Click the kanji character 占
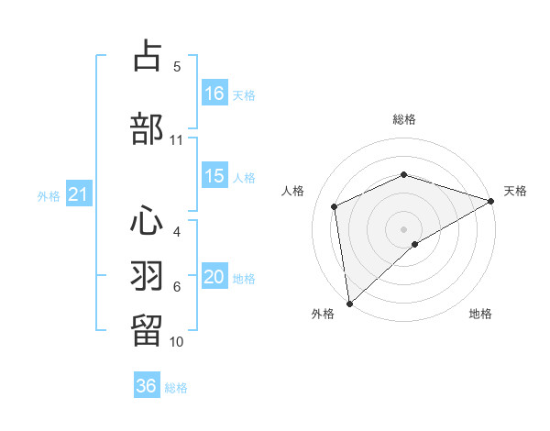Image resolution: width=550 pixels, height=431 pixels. (148, 57)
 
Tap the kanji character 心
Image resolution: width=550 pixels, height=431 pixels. (148, 220)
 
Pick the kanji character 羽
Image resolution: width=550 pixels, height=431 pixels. (148, 274)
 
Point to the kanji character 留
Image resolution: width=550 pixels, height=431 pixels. (148, 329)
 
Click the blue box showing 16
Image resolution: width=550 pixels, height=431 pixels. (214, 93)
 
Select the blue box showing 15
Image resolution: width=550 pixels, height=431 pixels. (214, 176)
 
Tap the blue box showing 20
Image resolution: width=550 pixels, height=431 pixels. (214, 278)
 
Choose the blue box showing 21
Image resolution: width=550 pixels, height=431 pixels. (79, 194)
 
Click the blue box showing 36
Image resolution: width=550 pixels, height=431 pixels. (147, 386)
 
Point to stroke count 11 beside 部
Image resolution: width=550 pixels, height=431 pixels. (176, 140)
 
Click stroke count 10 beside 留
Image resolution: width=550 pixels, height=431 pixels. (176, 341)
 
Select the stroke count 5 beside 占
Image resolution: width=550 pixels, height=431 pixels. (177, 67)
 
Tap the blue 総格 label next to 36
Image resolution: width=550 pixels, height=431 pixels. (176, 388)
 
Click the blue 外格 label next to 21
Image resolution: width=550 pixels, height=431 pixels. (49, 195)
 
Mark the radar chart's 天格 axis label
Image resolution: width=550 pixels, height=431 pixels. (515, 191)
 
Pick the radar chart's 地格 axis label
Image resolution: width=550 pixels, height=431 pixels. (480, 314)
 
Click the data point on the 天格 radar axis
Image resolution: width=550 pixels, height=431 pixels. (491, 200)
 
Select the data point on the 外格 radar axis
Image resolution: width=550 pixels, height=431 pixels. (348, 303)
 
